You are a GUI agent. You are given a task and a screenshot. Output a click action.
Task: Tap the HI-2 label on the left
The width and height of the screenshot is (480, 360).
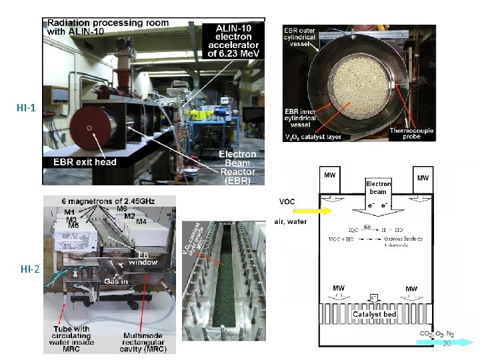(x=29, y=269)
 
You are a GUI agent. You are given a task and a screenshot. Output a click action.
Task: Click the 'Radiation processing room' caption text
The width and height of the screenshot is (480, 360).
(x=107, y=26)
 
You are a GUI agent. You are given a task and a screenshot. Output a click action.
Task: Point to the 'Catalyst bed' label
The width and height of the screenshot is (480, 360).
(x=374, y=314)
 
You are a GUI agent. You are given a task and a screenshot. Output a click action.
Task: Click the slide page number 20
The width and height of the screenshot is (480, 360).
(x=447, y=343)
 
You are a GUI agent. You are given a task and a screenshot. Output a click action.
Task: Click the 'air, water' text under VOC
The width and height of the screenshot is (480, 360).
(x=291, y=222)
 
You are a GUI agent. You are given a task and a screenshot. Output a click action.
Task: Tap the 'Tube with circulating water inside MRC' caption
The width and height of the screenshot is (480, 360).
(x=74, y=339)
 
